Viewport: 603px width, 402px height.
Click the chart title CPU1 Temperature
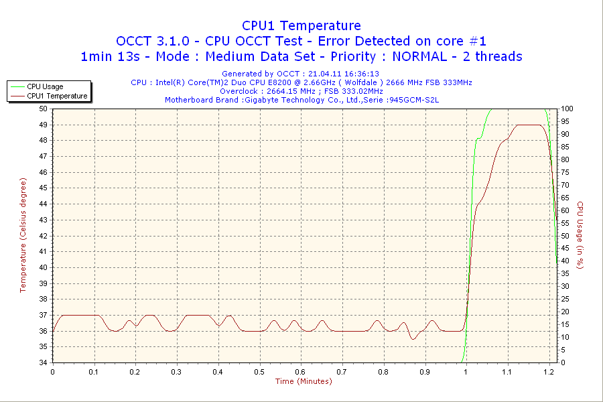301,25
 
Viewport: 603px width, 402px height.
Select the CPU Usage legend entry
45,86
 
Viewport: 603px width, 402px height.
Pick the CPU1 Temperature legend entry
56,96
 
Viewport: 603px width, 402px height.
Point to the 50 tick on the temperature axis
43,109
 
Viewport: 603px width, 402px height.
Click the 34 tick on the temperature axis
43,362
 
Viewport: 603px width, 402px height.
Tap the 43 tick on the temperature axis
43,220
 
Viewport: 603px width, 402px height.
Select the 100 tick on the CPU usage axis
567,109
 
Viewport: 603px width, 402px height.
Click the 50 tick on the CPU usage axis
565,236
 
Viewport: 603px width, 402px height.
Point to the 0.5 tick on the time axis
259,371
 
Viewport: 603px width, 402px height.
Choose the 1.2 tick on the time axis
548,371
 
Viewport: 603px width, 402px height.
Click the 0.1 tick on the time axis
94,371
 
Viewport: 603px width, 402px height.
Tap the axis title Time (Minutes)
304,382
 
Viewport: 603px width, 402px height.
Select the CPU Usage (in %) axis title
580,235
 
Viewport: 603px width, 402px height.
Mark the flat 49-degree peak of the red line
529,125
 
